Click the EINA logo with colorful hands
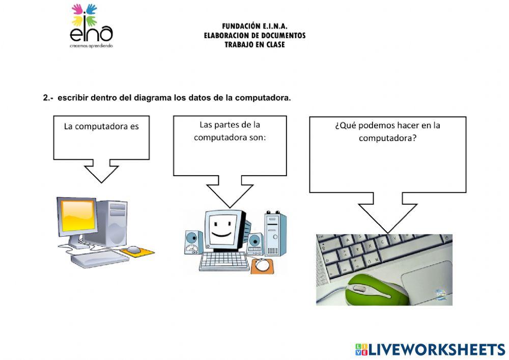92,25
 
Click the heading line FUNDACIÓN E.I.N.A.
254,26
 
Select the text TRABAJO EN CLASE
254,45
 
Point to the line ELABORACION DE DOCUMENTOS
254,36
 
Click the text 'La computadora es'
101,126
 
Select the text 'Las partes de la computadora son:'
230,131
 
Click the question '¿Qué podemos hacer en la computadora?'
387,131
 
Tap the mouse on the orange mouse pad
134,250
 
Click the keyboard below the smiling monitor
224,261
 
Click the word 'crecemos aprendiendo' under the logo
92,46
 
